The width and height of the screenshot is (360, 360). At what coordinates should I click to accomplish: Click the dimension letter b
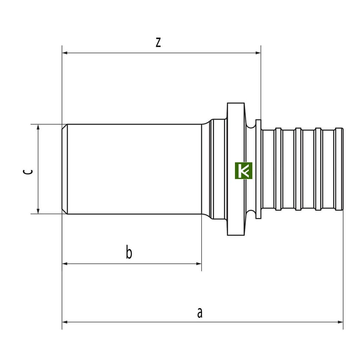tap(129, 252)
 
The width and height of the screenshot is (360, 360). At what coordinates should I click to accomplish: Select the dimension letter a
tap(200, 313)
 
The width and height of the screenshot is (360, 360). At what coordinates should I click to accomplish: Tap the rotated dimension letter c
tap(28, 171)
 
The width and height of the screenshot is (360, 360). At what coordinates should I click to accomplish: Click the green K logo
tap(243, 171)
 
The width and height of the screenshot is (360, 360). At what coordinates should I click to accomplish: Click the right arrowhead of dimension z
tap(258, 53)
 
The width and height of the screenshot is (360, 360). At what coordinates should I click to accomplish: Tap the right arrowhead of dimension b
tap(199, 264)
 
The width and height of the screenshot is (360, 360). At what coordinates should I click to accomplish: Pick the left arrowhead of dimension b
tap(65, 264)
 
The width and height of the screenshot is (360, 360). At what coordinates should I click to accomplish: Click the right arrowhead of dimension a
tap(340, 322)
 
